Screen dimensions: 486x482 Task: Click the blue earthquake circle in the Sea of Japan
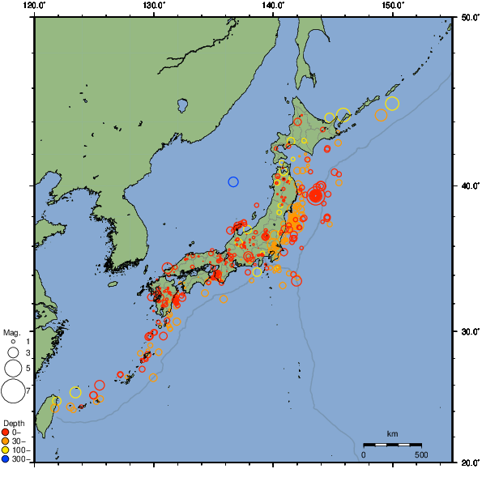pos(233,181)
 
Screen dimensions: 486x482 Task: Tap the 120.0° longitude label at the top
pos(34,6)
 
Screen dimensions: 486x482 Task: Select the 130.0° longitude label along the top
pos(153,6)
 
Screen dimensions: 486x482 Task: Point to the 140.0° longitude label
pos(273,6)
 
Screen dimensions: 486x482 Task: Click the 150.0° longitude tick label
pos(392,6)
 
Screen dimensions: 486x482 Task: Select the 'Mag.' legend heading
pos(11,332)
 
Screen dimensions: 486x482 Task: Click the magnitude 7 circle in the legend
pos(12,391)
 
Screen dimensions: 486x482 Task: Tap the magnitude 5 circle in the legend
pos(12,368)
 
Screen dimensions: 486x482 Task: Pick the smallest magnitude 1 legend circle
pos(12,342)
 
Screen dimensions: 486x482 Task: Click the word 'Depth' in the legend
pos(13,423)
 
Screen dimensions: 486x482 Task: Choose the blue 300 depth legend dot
pos(6,459)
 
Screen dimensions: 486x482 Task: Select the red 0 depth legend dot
pos(6,432)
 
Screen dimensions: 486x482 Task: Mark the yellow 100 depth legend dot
pos(6,450)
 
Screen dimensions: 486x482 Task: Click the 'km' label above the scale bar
pos(392,435)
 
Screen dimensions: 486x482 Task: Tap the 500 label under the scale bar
pos(421,454)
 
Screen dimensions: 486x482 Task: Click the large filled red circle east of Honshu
pos(316,196)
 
